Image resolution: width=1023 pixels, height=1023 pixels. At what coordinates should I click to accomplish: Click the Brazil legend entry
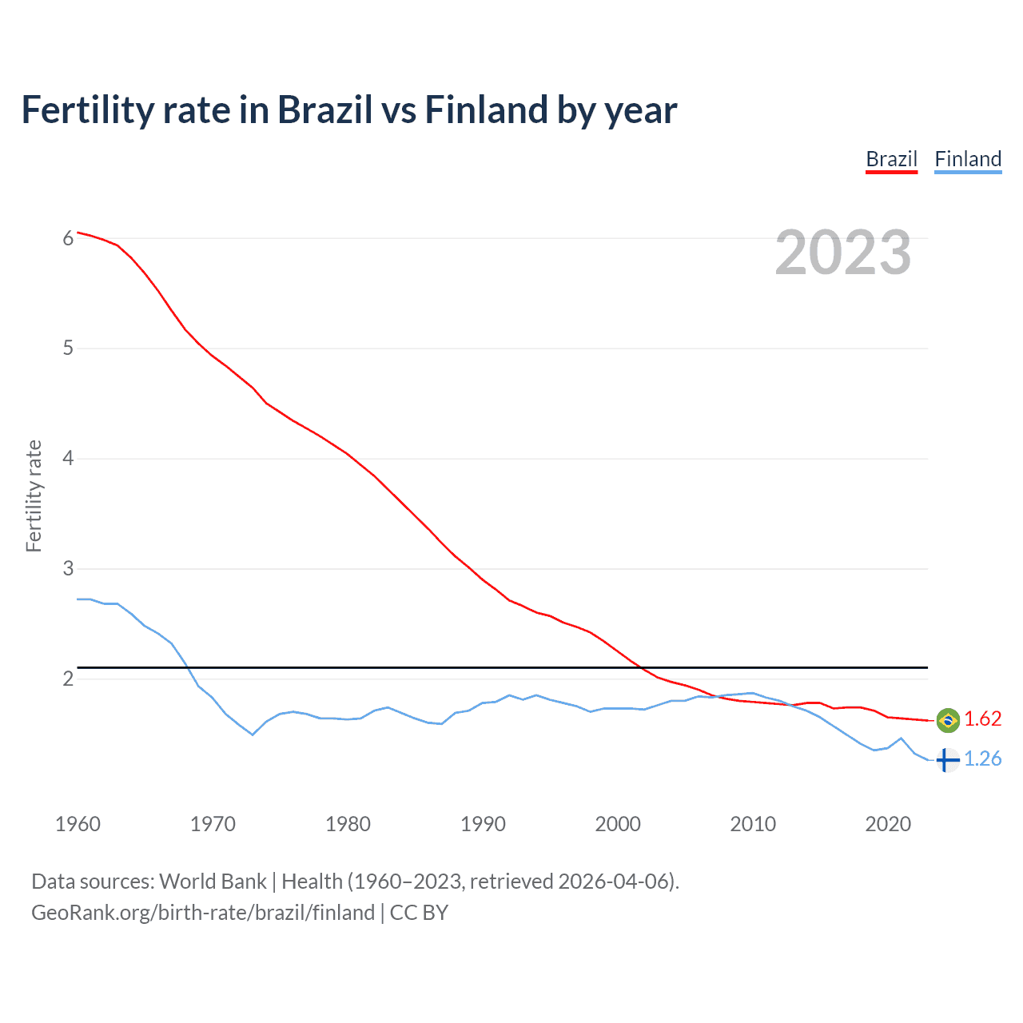891,159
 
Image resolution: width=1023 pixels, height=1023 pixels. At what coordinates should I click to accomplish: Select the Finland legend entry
968,159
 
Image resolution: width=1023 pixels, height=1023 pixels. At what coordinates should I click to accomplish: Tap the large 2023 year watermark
843,253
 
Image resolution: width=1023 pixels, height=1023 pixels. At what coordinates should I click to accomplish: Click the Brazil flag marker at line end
948,720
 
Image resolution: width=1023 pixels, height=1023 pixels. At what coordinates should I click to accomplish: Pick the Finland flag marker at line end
947,759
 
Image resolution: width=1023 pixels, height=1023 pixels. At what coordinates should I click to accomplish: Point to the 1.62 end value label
982,719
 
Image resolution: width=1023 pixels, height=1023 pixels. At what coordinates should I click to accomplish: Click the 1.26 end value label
982,758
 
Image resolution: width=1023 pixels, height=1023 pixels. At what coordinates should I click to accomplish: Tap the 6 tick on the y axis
68,238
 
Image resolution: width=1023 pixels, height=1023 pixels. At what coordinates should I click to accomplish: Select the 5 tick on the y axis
68,348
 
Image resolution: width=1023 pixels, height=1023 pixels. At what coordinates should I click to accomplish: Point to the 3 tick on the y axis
68,569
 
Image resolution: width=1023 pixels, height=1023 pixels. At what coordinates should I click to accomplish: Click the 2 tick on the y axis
68,679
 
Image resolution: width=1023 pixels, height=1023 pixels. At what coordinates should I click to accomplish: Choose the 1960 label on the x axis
78,824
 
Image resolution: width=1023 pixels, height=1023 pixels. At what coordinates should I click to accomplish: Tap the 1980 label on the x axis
348,824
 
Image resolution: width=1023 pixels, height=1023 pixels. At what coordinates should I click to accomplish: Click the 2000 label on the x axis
618,824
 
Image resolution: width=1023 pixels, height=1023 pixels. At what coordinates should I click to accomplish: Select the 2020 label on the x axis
888,824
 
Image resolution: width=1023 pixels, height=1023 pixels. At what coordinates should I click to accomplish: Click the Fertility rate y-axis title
34,496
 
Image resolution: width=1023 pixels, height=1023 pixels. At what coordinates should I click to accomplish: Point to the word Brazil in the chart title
324,109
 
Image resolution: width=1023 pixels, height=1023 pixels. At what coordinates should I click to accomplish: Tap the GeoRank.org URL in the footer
203,913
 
